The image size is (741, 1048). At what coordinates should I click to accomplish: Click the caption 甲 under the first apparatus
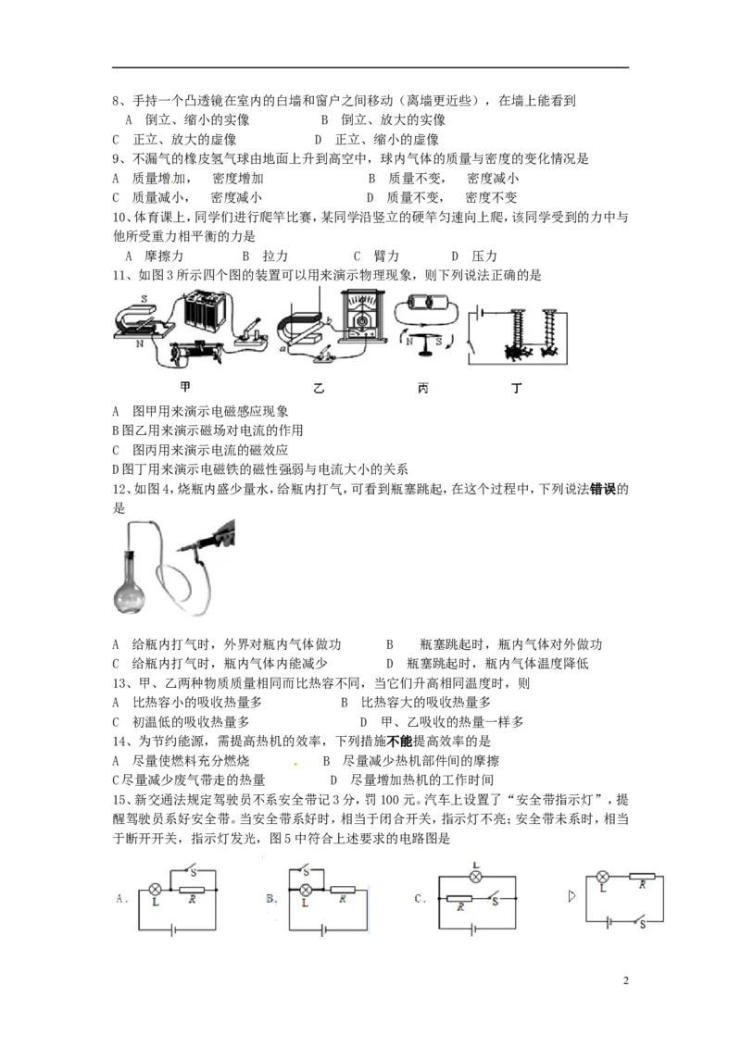click(x=184, y=388)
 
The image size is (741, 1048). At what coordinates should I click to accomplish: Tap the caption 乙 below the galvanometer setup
click(x=319, y=390)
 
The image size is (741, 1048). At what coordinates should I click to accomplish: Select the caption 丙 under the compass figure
click(x=423, y=390)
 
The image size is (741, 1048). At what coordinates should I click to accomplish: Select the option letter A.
click(x=121, y=897)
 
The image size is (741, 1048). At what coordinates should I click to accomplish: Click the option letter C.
click(x=420, y=897)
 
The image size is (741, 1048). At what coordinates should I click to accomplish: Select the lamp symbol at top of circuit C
click(x=476, y=876)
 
